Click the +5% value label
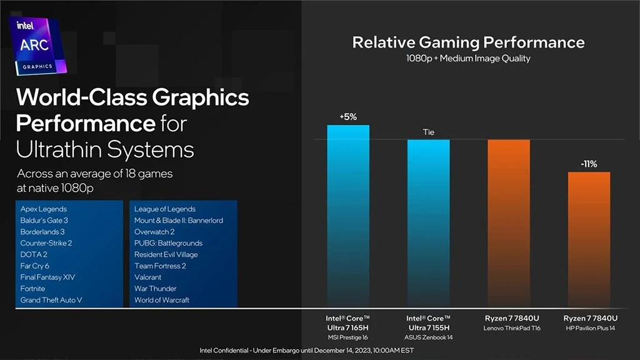click(348, 117)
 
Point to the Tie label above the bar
click(428, 132)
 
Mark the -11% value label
click(589, 164)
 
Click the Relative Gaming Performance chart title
click(468, 42)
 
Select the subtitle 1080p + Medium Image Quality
click(468, 59)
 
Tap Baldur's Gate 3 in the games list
click(44, 220)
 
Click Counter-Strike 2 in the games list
click(46, 243)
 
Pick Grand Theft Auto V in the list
click(51, 300)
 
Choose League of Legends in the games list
click(165, 209)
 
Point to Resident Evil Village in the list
click(166, 254)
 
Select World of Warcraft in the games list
click(161, 300)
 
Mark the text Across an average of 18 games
click(95, 173)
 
